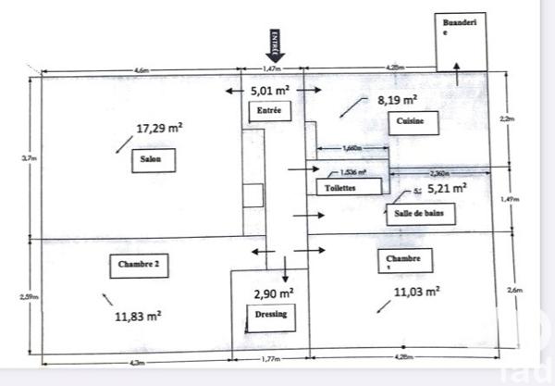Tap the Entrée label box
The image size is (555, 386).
pos(270,112)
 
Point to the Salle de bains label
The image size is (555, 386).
pos(413,212)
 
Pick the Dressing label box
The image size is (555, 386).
pos(271,314)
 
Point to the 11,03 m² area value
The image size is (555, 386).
pos(416,292)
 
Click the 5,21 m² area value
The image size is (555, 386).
pos(445,187)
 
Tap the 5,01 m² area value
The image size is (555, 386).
pos(271,91)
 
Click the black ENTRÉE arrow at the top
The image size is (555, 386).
pos(275,45)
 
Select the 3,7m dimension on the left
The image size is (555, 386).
pos(27,159)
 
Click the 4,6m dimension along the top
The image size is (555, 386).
pos(142,70)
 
